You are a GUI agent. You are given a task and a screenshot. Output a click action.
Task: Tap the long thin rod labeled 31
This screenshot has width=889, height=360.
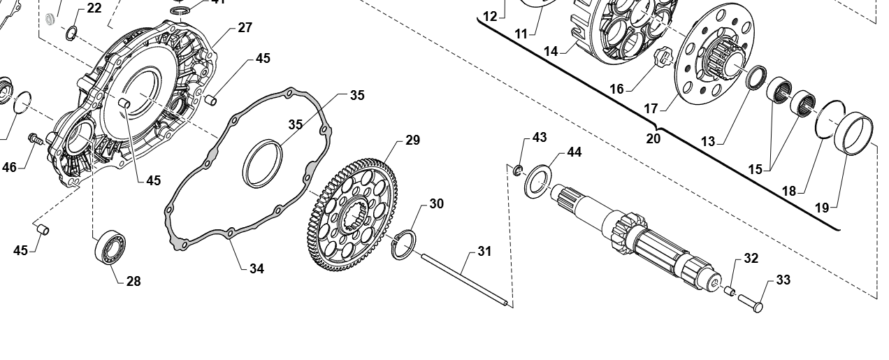click(x=465, y=280)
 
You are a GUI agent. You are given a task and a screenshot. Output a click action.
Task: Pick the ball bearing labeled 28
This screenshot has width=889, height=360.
click(x=110, y=246)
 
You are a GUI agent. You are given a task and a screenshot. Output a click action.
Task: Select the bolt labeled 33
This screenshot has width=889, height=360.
click(x=750, y=302)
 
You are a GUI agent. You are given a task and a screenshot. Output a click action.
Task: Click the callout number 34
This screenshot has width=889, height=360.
click(x=256, y=268)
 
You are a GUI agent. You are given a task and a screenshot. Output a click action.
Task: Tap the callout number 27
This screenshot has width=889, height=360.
click(x=245, y=28)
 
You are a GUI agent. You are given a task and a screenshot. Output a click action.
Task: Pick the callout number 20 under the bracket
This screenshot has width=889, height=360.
click(x=653, y=138)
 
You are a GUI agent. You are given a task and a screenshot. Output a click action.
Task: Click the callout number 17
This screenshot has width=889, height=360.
click(x=651, y=108)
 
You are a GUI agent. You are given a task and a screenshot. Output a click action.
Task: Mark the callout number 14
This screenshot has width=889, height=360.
click(x=551, y=51)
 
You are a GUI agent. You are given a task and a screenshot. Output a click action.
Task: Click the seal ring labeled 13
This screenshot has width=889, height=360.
click(x=756, y=78)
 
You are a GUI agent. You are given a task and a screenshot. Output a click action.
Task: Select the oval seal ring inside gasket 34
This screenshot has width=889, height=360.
click(x=262, y=163)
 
